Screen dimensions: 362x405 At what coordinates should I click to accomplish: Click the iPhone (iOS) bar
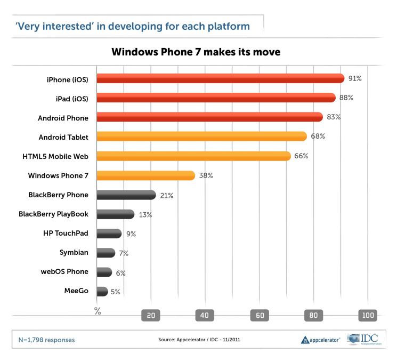tap(220, 78)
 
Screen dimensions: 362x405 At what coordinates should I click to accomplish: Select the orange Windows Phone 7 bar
tap(145, 175)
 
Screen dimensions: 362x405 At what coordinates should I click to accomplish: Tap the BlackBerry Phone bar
tap(126, 195)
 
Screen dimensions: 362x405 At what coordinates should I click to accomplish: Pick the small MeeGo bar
tap(102, 292)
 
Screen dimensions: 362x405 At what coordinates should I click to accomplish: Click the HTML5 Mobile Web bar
tap(193, 156)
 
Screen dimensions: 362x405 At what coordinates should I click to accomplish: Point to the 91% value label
tap(355, 78)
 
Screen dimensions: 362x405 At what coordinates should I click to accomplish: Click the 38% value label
tap(206, 175)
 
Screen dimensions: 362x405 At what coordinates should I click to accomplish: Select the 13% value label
tap(145, 214)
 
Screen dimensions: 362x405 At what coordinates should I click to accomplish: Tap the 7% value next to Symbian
tap(124, 253)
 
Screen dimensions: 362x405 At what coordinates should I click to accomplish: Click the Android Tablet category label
tap(63, 137)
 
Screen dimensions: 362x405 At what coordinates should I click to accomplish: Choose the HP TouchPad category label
tap(66, 234)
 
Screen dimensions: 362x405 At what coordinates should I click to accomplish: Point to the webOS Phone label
tap(64, 272)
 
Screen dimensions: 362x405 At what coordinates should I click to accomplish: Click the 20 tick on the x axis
tap(151, 316)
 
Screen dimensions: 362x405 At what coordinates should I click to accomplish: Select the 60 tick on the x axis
tap(260, 316)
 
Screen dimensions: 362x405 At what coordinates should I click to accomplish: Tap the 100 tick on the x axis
tap(368, 316)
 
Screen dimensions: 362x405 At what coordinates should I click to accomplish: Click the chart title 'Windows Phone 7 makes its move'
tap(196, 52)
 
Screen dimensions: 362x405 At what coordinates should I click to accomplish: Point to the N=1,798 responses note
tap(47, 340)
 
